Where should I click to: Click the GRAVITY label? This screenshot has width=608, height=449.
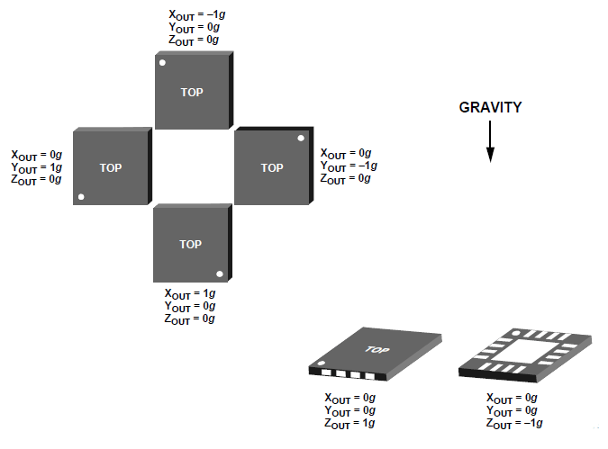click(490, 107)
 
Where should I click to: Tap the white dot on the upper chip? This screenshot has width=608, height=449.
click(162, 63)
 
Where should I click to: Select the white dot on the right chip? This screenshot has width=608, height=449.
click(301, 139)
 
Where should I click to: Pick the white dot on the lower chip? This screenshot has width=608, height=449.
click(219, 274)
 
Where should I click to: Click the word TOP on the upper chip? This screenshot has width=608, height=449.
click(191, 92)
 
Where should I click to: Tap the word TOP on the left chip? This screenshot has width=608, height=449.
click(111, 168)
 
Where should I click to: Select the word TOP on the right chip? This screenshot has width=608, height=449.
click(271, 168)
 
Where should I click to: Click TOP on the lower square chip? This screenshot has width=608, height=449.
click(191, 245)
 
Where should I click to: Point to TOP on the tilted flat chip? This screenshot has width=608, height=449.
click(376, 348)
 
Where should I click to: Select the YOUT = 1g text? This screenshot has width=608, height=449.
click(37, 167)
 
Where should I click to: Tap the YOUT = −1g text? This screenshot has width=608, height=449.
click(349, 166)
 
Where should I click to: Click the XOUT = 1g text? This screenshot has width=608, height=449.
click(190, 293)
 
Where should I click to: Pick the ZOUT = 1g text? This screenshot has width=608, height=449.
click(350, 423)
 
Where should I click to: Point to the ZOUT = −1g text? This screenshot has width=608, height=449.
click(514, 423)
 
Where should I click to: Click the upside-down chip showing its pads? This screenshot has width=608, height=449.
click(525, 353)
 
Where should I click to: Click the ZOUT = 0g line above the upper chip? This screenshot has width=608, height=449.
click(194, 40)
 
